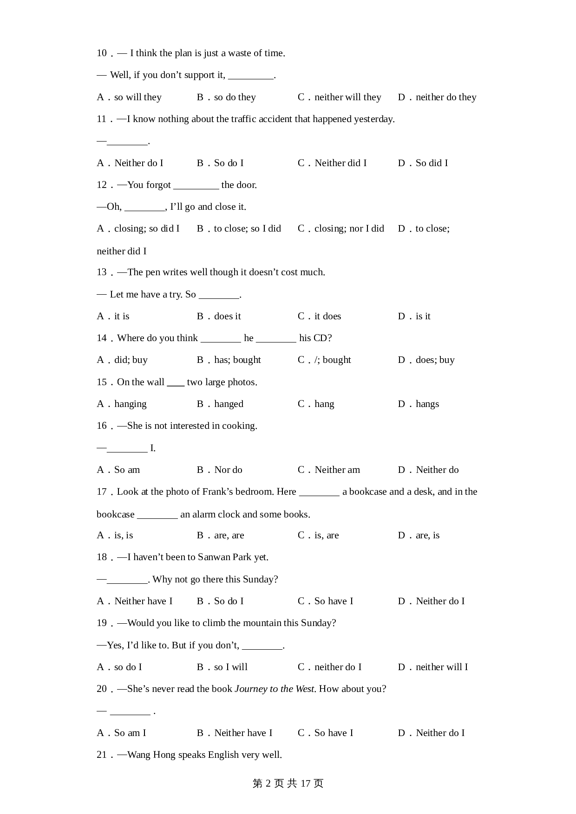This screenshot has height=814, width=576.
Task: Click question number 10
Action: point(102,53)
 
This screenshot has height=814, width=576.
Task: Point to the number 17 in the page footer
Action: point(305,784)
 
